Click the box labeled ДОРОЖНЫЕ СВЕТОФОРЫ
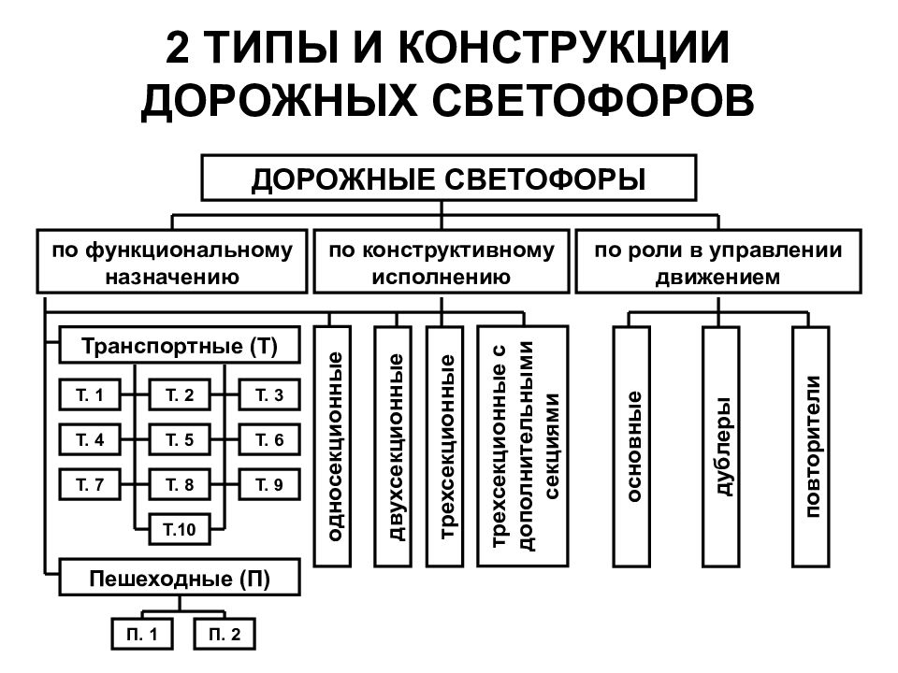point(448,178)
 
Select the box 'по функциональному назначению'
point(172,262)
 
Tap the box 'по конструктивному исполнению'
point(441,262)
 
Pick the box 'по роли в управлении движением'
point(718,262)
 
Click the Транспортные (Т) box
point(180,345)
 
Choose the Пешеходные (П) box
point(180,578)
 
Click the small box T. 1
point(90,394)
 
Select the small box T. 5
point(180,439)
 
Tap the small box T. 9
point(269,484)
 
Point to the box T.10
point(180,529)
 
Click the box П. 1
point(142,634)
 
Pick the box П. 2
point(224,634)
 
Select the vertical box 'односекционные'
point(333,447)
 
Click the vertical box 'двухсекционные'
point(393,447)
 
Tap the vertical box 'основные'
point(631,447)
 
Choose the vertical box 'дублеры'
point(721,447)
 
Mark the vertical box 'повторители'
point(811,447)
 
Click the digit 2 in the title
point(178,47)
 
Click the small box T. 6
point(269,439)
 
